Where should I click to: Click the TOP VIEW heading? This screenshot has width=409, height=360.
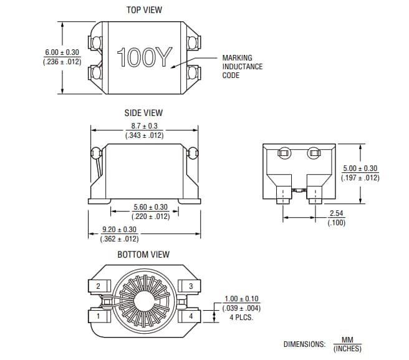144,10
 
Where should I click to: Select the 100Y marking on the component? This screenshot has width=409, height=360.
144,57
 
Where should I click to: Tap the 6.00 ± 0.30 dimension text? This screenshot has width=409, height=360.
63,52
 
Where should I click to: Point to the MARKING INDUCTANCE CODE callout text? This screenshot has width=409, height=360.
243,67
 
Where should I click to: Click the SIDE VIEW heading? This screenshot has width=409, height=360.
144,113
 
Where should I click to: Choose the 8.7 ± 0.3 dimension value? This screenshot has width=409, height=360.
144,126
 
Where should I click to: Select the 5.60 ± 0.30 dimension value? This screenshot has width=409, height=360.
150,207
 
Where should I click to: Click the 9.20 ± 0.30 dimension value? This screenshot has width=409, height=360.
119,230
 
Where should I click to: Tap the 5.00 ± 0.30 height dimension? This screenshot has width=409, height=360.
360,168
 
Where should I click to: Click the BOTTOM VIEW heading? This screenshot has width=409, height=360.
143,255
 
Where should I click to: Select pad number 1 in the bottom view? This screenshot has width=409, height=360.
99,316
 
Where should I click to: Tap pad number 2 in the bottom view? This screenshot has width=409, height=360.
99,286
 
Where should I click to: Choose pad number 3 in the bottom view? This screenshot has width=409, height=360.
190,286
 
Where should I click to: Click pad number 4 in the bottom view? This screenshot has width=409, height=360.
190,316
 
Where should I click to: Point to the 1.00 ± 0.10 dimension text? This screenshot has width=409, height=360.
241,299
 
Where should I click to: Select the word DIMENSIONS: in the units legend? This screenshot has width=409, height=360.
304,344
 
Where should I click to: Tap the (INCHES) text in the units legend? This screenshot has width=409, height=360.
347,349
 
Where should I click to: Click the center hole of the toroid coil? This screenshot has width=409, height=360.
144,301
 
